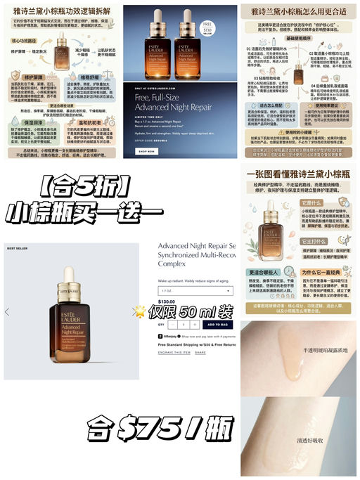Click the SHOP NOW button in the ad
point(146,151)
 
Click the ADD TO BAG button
point(216,325)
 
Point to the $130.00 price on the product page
point(167,301)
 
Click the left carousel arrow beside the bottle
point(7,312)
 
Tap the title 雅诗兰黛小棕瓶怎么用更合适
point(298,11)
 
